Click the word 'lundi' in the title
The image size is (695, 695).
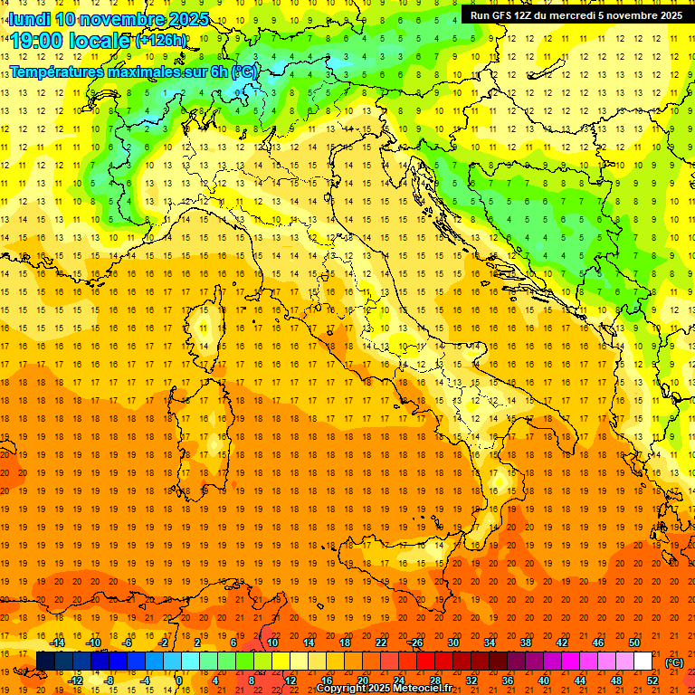[28, 19]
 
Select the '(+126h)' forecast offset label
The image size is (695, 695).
[160, 41]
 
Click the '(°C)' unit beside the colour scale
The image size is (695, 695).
[674, 662]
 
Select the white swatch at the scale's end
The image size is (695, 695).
[643, 662]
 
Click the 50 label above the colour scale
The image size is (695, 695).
[634, 643]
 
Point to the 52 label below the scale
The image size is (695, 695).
[652, 681]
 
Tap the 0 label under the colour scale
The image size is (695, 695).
[179, 681]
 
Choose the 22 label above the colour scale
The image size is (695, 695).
[381, 643]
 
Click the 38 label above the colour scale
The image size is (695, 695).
[526, 643]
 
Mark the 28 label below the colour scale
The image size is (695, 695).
[435, 681]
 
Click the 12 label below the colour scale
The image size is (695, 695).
[290, 681]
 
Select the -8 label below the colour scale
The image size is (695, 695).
[109, 681]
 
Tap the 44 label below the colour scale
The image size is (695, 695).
[580, 681]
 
